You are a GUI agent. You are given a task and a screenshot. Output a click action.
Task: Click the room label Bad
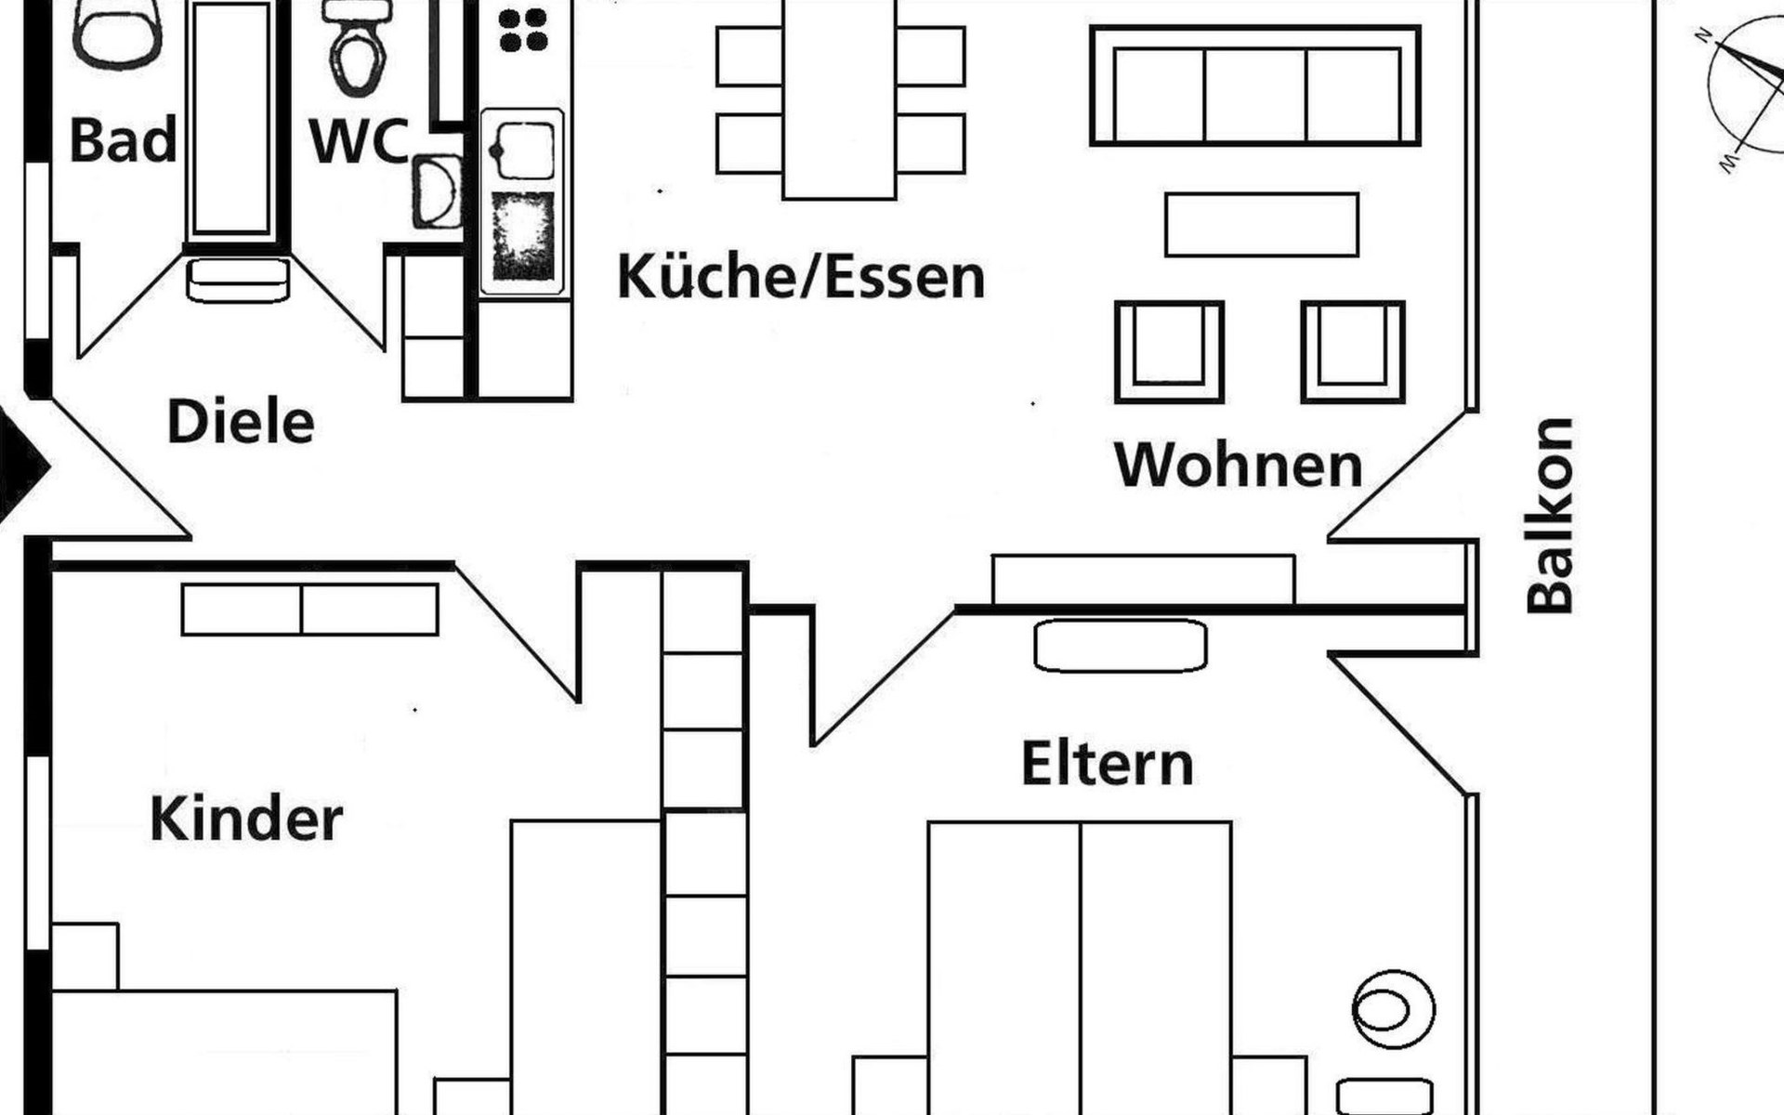(x=123, y=141)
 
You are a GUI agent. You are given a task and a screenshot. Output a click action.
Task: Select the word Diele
(x=241, y=422)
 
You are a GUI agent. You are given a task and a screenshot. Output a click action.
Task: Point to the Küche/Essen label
(x=801, y=277)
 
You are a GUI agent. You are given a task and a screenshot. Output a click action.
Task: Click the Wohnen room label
(x=1239, y=465)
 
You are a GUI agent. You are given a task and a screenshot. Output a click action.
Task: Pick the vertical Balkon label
(x=1550, y=516)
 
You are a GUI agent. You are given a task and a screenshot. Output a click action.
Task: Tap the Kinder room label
(x=246, y=820)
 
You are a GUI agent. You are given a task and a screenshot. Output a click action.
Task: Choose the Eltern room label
(x=1107, y=764)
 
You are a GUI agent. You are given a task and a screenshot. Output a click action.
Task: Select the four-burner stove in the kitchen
(x=523, y=30)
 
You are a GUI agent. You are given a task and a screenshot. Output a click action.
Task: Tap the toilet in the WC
(x=357, y=51)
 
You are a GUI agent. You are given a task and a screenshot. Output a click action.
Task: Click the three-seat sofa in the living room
(x=1255, y=85)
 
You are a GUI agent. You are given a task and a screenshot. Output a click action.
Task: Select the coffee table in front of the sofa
(x=1261, y=224)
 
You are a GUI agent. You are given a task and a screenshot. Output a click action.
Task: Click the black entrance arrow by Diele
(x=20, y=465)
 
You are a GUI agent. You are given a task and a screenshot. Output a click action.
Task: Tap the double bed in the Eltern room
(x=1080, y=966)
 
